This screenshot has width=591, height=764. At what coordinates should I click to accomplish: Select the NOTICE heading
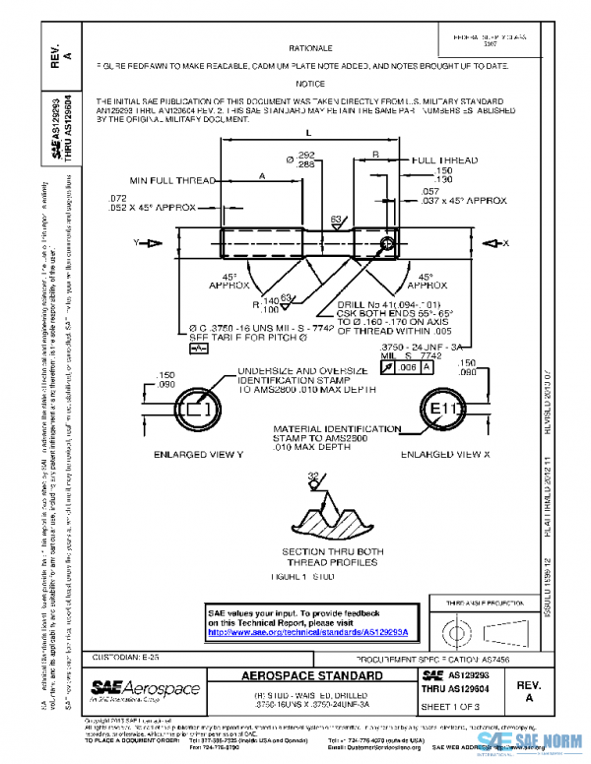coord(310,84)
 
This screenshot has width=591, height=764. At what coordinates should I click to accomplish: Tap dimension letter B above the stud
coord(376,155)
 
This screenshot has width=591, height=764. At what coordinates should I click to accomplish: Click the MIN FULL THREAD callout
coord(172,180)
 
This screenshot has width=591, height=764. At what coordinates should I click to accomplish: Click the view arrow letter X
coord(505,241)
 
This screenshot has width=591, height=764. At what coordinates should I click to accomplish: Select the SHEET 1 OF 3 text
coord(450,707)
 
